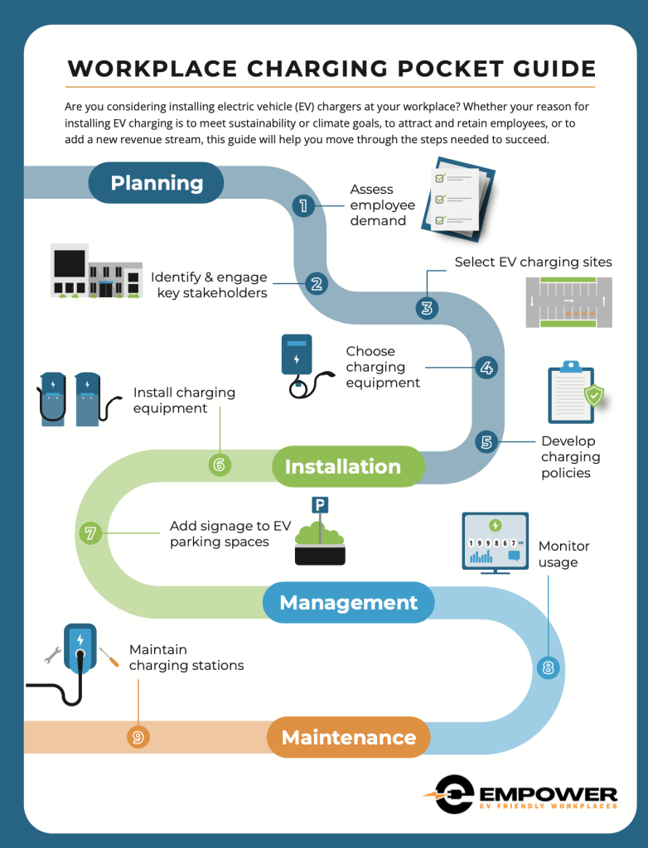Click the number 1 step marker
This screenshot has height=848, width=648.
pyautogui.click(x=303, y=205)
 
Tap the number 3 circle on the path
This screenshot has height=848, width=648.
pyautogui.click(x=427, y=308)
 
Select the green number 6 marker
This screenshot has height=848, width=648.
pyautogui.click(x=220, y=465)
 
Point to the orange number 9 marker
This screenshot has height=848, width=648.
pyautogui.click(x=138, y=737)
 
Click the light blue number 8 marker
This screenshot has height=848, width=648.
pyautogui.click(x=548, y=668)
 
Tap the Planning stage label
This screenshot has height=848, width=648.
pyautogui.click(x=156, y=183)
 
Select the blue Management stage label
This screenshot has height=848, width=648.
pyautogui.click(x=348, y=602)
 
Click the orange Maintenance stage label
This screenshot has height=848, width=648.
pyautogui.click(x=349, y=737)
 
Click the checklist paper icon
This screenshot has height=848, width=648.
pyautogui.click(x=458, y=199)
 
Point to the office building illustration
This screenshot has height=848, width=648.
pyautogui.click(x=96, y=271)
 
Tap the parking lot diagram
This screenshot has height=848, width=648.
pyautogui.click(x=569, y=302)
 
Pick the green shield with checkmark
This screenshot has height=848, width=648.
pyautogui.click(x=594, y=395)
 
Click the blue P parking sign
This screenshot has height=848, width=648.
pyautogui.click(x=320, y=505)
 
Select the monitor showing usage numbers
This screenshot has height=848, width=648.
pyautogui.click(x=495, y=543)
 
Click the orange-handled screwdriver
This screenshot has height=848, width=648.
pyautogui.click(x=109, y=657)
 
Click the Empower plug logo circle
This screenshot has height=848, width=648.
pyautogui.click(x=455, y=794)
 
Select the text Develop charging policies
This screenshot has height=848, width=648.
pyautogui.click(x=571, y=457)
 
